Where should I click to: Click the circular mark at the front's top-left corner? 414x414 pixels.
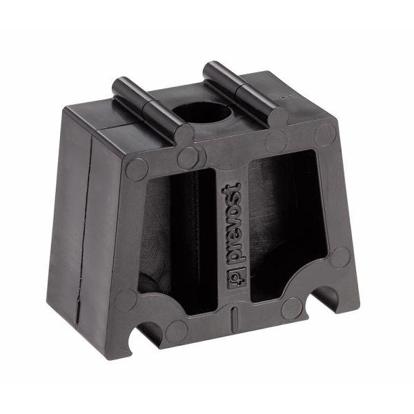pos(136,168)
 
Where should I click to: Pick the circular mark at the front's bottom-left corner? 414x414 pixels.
pos(127,301)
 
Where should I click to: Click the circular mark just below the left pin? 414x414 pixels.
pos(187,158)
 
